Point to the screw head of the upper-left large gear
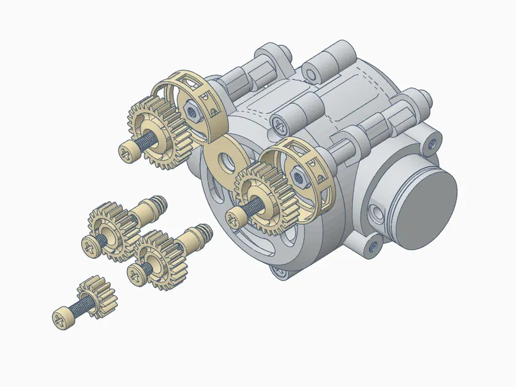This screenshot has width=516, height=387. pos(128,149)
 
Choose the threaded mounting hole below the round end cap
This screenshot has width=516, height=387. pos(374,247)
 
